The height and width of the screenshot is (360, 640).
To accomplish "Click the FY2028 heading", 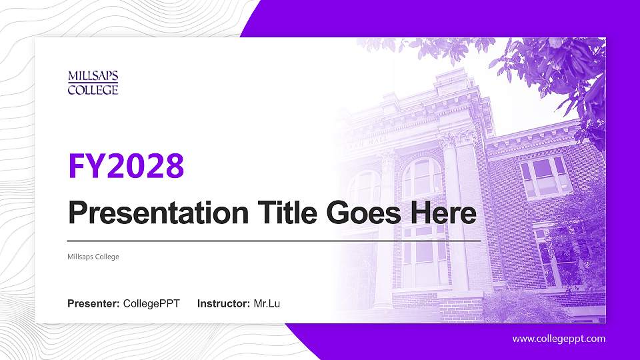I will pos(125,166).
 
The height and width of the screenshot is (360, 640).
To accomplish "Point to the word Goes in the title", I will pos(357,213).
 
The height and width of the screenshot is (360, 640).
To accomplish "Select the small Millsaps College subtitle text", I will pos(93,257).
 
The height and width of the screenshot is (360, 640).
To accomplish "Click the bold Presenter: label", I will pos(93,304).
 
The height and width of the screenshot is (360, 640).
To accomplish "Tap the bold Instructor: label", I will pos(224,304).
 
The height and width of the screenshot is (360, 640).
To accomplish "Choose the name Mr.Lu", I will pos(267,304).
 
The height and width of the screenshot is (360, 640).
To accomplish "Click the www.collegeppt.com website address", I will pos(559,339).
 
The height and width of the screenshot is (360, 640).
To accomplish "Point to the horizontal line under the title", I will pos(273,240).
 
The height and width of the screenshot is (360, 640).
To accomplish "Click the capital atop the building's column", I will pos(455,139).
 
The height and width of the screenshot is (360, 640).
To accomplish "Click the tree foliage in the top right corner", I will pos(567,73).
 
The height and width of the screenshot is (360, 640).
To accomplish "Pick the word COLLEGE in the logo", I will pos(93,89).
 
